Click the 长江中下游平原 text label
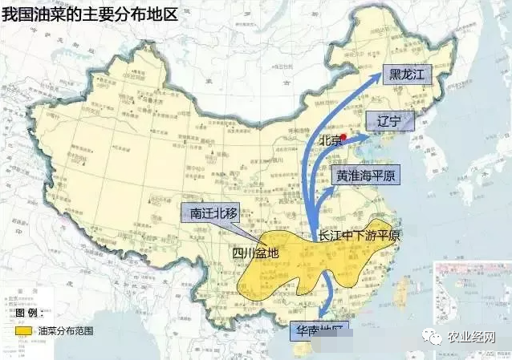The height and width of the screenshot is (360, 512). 359,237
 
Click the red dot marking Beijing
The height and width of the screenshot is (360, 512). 343,137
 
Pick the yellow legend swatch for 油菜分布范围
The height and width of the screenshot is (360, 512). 22,330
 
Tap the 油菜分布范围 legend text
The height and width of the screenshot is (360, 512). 65,330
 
